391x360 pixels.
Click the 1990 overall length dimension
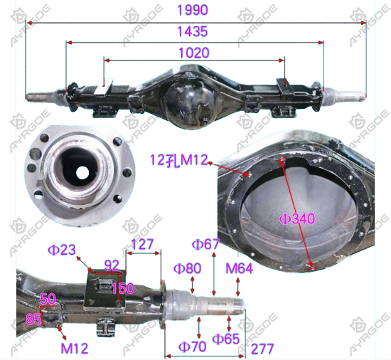pyautogui.click(x=192, y=10)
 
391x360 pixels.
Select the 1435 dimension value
pyautogui.click(x=192, y=32)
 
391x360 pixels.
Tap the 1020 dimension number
pyautogui.click(x=194, y=53)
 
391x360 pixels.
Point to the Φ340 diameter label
pyautogui.click(x=296, y=219)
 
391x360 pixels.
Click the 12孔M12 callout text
pyautogui.click(x=179, y=160)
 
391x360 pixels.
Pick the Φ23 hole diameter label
pyautogui.click(x=62, y=250)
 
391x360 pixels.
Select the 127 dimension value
pyautogui.click(x=142, y=244)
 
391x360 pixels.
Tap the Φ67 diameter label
pyautogui.click(x=205, y=244)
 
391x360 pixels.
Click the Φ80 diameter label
pyautogui.click(x=187, y=268)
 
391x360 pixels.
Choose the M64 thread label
pyautogui.click(x=239, y=268)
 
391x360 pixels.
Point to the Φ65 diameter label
pyautogui.click(x=225, y=339)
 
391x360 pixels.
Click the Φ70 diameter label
pyautogui.click(x=192, y=346)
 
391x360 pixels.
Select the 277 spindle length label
pyautogui.click(x=262, y=349)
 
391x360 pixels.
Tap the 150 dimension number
pyautogui.click(x=123, y=289)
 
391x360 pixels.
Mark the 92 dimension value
pyautogui.click(x=112, y=265)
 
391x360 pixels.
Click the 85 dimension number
pyautogui.click(x=33, y=319)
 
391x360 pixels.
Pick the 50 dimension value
pyautogui.click(x=48, y=299)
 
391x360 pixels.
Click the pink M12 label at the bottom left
pyautogui.click(x=75, y=349)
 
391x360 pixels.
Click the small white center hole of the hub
pyautogui.click(x=82, y=172)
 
